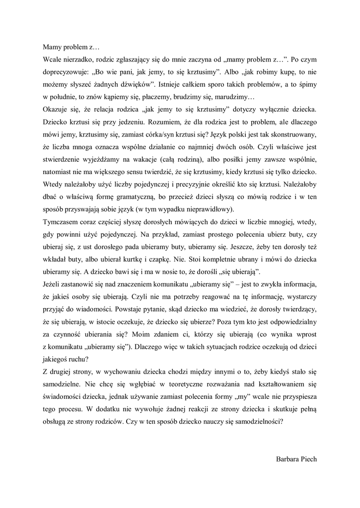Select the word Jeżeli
[x=52, y=285]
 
